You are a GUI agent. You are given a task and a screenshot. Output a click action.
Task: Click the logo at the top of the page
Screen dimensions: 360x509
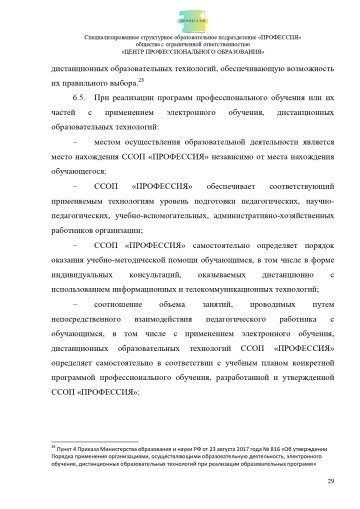click(x=180, y=17)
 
